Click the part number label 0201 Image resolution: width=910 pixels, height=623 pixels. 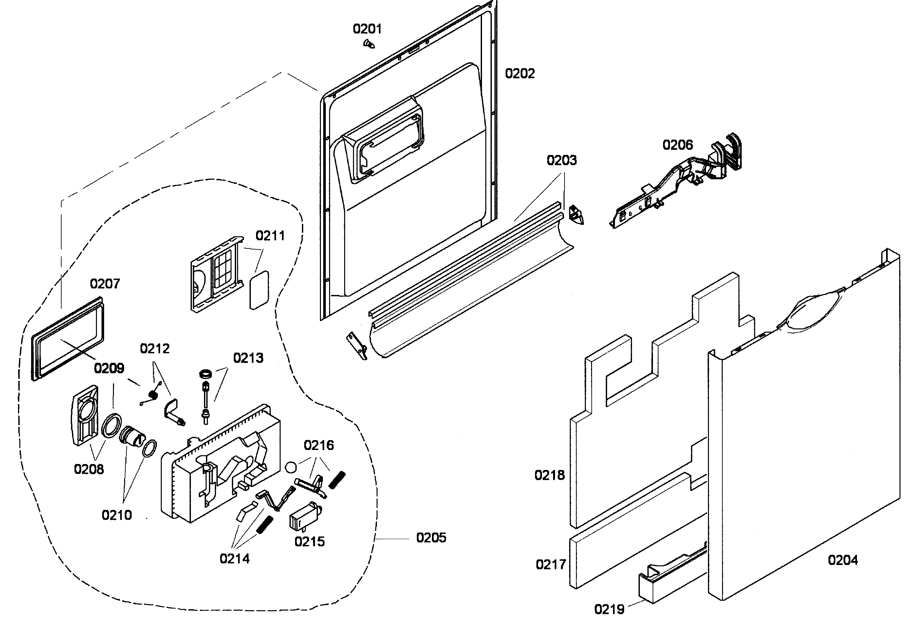click(367, 29)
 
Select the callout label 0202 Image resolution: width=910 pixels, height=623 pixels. click(520, 73)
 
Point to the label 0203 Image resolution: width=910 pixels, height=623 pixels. click(562, 160)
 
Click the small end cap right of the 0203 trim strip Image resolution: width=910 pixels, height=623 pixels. click(576, 215)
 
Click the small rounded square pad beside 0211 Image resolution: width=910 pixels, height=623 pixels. click(259, 289)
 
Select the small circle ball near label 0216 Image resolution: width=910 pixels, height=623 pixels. click(291, 467)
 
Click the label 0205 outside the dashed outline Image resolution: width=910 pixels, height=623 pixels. click(431, 537)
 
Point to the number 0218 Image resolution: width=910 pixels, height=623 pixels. click(549, 475)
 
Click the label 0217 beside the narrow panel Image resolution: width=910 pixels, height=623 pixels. click(550, 565)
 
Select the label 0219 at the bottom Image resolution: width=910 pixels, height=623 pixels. click(609, 609)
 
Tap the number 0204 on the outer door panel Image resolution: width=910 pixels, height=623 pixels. click(843, 560)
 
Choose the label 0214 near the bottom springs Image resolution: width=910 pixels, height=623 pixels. click(234, 559)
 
